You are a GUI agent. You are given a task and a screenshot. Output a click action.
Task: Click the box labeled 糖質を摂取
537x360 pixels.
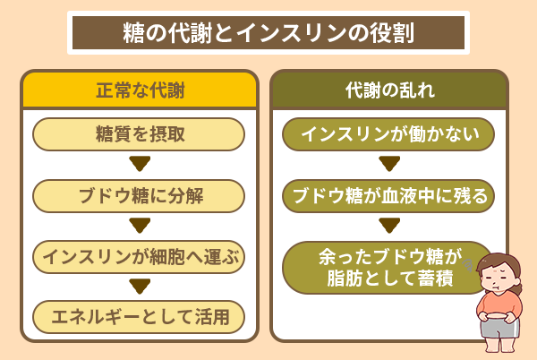click(139, 134)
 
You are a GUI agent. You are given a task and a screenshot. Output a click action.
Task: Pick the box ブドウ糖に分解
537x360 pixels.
click(139, 195)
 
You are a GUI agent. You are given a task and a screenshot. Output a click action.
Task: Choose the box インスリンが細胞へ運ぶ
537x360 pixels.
click(139, 256)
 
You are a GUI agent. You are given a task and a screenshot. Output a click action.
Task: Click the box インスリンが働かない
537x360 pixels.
click(388, 134)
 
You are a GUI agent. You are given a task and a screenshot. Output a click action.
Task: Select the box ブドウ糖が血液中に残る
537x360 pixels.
click(388, 195)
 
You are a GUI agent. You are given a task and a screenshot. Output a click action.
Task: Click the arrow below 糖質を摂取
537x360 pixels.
click(139, 165)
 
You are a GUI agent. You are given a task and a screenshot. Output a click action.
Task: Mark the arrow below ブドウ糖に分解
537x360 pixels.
click(139, 226)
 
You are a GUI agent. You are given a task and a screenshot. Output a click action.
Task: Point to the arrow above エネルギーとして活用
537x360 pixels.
click(139, 287)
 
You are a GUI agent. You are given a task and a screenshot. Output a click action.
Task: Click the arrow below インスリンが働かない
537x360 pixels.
click(388, 165)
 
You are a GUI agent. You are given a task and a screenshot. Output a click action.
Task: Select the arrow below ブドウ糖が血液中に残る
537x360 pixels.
click(388, 226)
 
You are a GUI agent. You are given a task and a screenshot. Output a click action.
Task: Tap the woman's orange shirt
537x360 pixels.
click(499, 304)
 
